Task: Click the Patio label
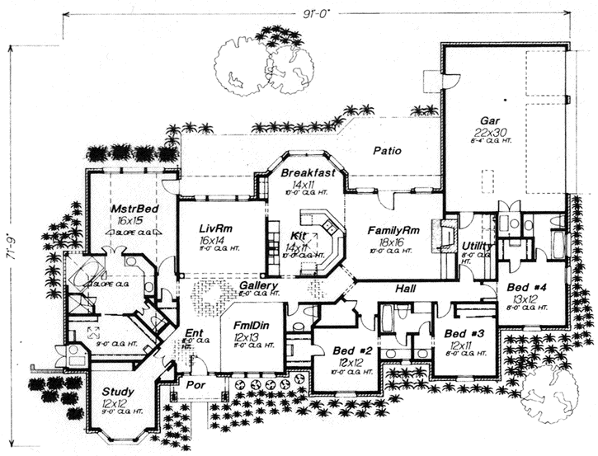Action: [x=387, y=151]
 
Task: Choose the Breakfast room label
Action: [x=308, y=173]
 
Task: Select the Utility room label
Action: [x=478, y=246]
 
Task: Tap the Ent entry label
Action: [x=194, y=334]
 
